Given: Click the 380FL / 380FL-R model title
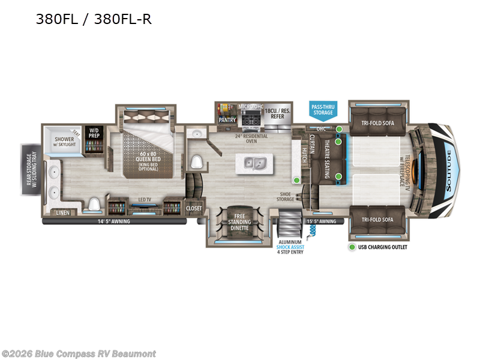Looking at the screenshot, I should click(x=94, y=19).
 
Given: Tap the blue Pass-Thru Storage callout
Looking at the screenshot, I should click(x=322, y=109).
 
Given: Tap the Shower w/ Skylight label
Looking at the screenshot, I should click(x=64, y=142).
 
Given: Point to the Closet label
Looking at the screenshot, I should click(x=194, y=208).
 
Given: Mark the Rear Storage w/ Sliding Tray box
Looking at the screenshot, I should click(x=30, y=169).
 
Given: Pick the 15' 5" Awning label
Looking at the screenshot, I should click(x=322, y=221).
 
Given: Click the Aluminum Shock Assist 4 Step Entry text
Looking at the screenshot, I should click(x=290, y=247).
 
